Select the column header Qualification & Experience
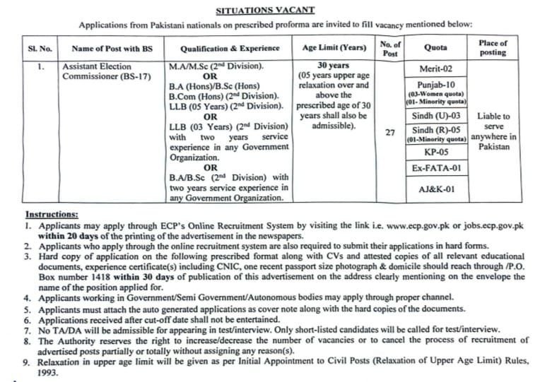click(x=230, y=49)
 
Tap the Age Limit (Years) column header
click(x=334, y=49)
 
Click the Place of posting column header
click(x=493, y=48)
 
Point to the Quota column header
click(x=435, y=49)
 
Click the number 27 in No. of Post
click(x=390, y=132)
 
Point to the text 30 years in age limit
click(x=334, y=67)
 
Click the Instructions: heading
click(x=52, y=214)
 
